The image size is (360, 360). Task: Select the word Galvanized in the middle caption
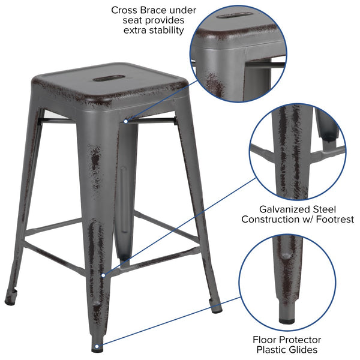coord(283,209)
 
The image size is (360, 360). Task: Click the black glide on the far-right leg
coord(216,310)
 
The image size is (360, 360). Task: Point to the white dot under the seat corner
coord(125,121)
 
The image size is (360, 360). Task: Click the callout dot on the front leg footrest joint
coord(103,275)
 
